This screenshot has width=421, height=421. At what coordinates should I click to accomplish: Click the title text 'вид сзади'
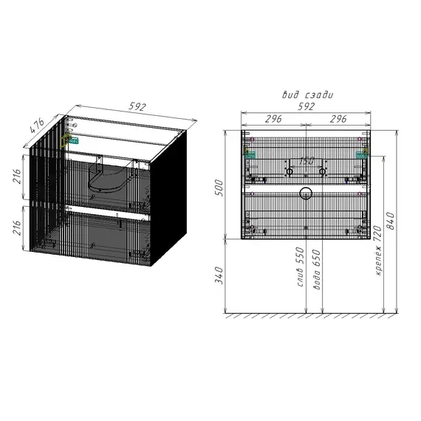pyautogui.click(x=307, y=95)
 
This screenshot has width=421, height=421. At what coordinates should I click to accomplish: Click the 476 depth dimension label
pyautogui.click(x=37, y=126)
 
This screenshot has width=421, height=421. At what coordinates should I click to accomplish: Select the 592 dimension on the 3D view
pyautogui.click(x=137, y=106)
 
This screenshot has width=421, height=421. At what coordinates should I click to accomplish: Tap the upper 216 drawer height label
pyautogui.click(x=17, y=176)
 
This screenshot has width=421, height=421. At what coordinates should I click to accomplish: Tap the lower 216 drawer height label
pyautogui.click(x=17, y=227)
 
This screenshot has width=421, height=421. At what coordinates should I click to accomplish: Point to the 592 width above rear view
pyautogui.click(x=306, y=106)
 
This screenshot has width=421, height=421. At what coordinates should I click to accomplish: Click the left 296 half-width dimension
pyautogui.click(x=273, y=119)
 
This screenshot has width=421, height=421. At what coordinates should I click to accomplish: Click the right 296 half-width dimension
pyautogui.click(x=338, y=119)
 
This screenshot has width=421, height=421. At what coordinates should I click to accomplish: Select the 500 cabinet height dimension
pyautogui.click(x=219, y=188)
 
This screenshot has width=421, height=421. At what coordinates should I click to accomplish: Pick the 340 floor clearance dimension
pyautogui.click(x=219, y=275)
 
